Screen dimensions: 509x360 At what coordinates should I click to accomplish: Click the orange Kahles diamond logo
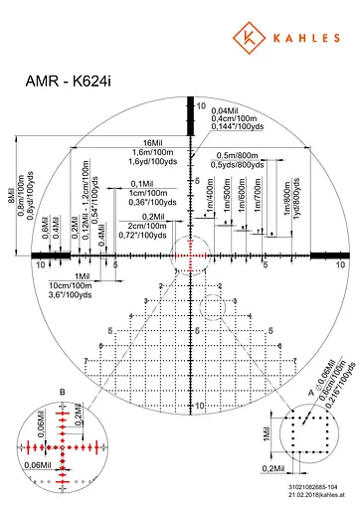click(245, 38)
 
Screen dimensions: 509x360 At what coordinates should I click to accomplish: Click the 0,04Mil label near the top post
click(227, 110)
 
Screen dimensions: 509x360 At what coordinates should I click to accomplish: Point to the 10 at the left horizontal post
click(40, 264)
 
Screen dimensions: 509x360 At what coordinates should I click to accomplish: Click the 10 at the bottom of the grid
click(199, 406)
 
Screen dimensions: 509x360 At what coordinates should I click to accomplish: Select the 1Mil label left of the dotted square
click(265, 436)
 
